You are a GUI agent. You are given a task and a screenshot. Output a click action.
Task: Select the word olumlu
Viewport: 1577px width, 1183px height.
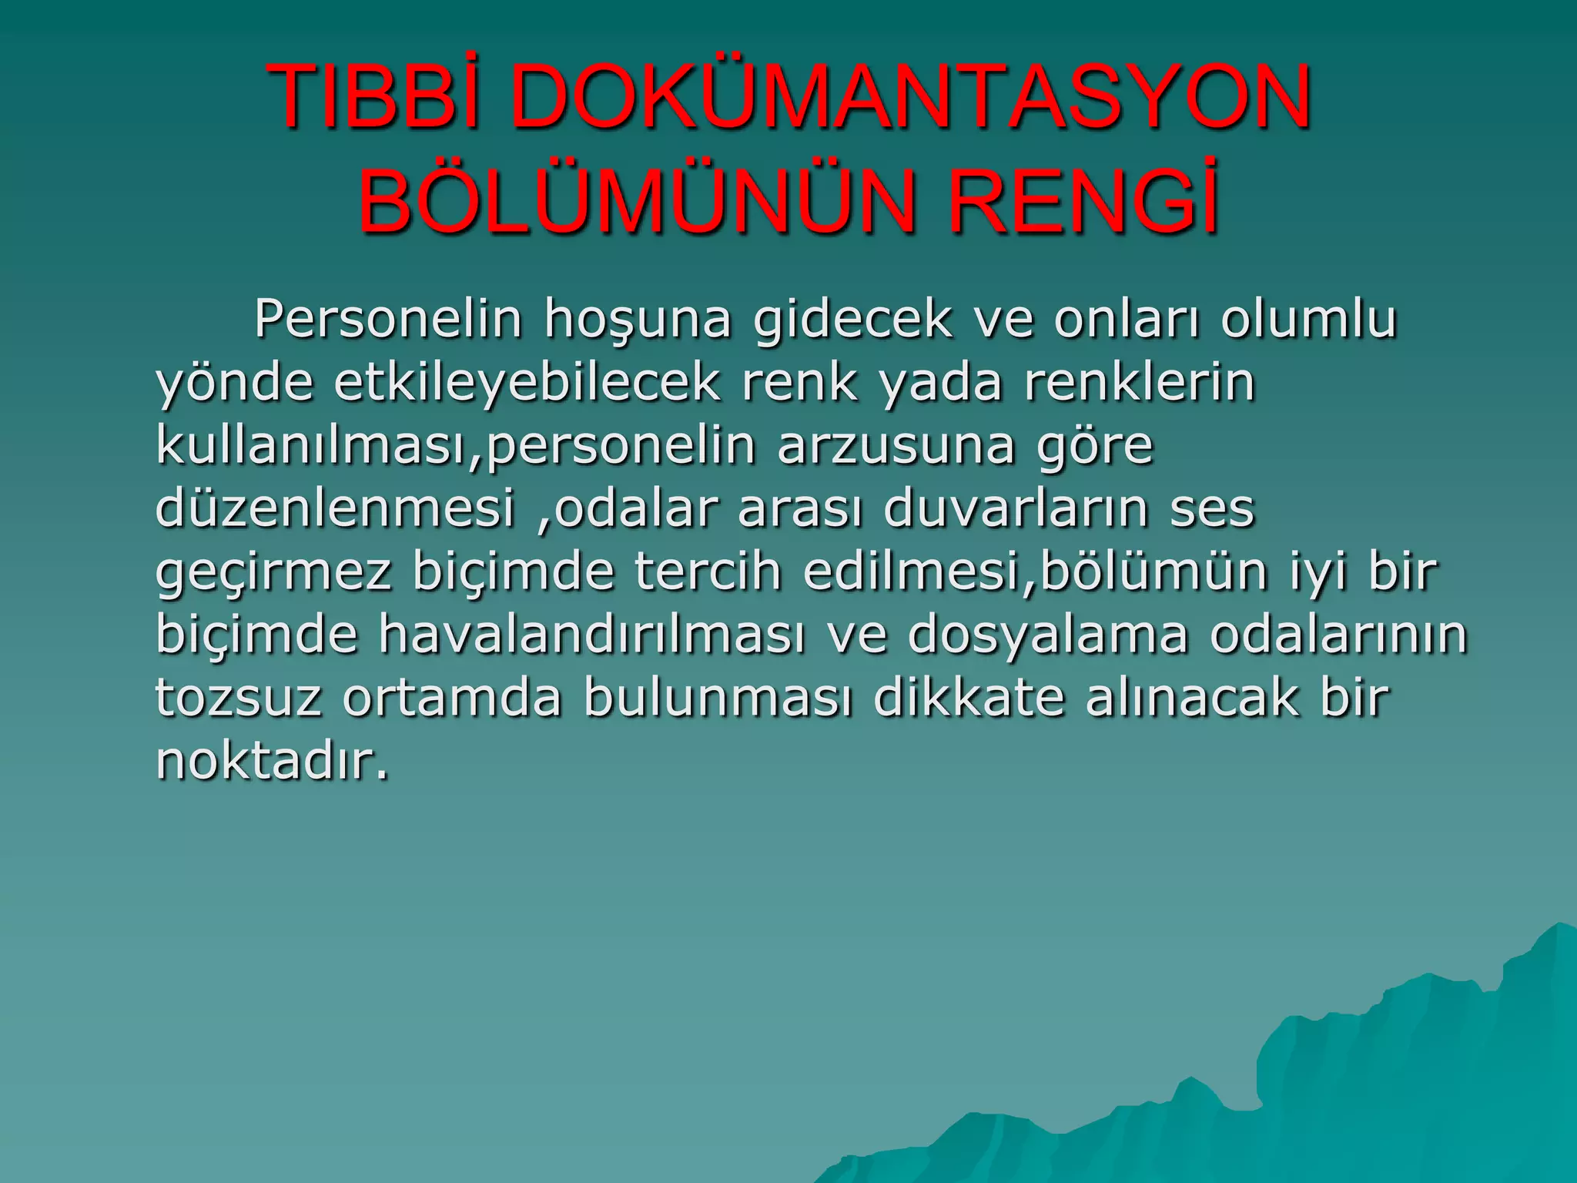[1308, 319]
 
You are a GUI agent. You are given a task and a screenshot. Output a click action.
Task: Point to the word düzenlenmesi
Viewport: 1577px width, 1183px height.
[335, 508]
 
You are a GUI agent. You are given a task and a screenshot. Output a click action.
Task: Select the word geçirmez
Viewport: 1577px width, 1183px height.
[273, 572]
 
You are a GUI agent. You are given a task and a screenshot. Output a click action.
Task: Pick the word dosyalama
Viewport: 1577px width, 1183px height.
[1048, 636]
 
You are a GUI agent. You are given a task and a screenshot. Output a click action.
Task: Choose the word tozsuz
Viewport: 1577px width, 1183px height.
[239, 698]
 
